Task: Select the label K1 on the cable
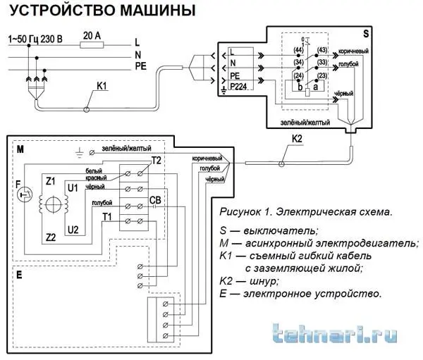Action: [x=103, y=88]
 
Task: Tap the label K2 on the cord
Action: [x=297, y=139]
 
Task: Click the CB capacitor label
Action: [x=157, y=200]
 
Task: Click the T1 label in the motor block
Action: [x=106, y=216]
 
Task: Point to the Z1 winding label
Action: [x=50, y=181]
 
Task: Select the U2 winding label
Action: [x=72, y=230]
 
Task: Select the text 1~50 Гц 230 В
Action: [x=35, y=37]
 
